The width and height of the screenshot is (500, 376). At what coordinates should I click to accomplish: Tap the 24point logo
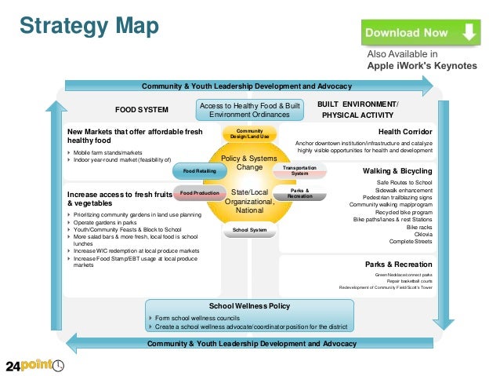click(35, 364)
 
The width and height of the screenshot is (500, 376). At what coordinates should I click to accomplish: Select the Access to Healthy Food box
click(249, 110)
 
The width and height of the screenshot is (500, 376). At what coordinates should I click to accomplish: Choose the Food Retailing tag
click(199, 170)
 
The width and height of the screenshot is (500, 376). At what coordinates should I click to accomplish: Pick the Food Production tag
click(199, 192)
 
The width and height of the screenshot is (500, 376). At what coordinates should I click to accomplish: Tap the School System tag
click(249, 230)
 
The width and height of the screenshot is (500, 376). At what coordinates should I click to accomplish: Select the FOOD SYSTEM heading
click(142, 110)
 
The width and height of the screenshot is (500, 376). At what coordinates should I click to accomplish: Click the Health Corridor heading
click(404, 132)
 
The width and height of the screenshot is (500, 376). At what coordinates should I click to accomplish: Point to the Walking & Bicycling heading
click(397, 170)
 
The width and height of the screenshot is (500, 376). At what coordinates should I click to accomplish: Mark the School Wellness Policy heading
click(249, 306)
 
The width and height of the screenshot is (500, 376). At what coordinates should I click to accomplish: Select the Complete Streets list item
click(411, 241)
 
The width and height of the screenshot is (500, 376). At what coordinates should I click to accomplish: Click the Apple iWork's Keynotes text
click(422, 66)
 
